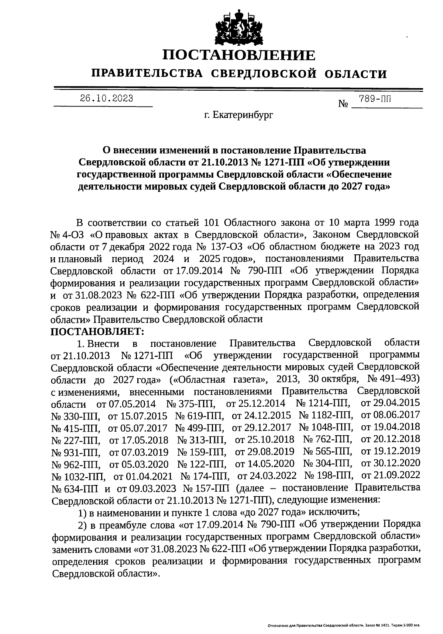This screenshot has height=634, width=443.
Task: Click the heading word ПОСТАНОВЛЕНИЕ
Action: (239, 55)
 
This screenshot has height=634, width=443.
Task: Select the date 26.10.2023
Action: (107, 99)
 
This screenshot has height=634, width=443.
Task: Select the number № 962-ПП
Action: (76, 464)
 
